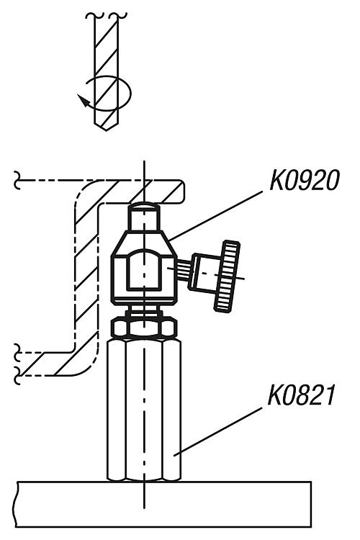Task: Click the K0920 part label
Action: pos(305,180)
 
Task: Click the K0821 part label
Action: pos(301,395)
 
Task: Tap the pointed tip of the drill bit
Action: pos(106,130)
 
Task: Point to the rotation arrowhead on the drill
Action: pos(83,100)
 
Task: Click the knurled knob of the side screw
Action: pos(228,276)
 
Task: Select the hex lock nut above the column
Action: pos(144,328)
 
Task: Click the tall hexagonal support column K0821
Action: pos(144,409)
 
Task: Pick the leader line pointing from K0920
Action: pos(216,216)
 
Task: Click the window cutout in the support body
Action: pos(144,270)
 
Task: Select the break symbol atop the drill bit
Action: pos(107,16)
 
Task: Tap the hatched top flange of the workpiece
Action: pos(138,192)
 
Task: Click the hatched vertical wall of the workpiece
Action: pos(86,276)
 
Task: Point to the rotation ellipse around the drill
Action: pos(108,93)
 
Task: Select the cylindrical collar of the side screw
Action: pos(202,272)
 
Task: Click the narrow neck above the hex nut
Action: pos(144,312)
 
